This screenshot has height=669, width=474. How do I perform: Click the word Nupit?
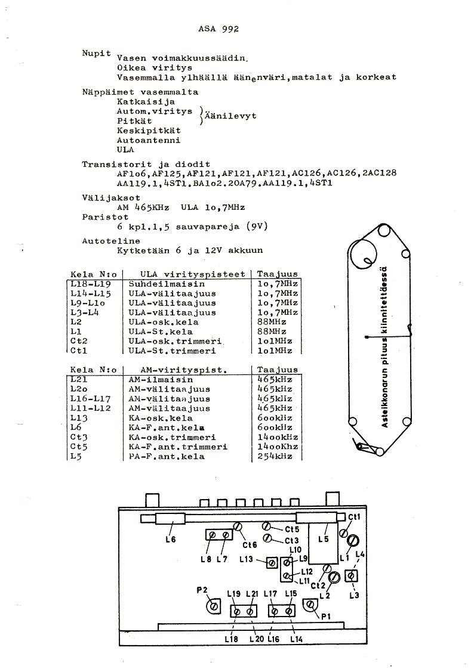[96, 53]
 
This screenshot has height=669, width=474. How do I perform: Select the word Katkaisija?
[137, 102]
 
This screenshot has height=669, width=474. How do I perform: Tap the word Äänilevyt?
[231, 116]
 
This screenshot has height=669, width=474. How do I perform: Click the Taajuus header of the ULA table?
[277, 274]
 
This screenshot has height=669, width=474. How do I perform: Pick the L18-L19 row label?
[90, 284]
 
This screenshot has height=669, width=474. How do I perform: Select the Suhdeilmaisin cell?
[159, 284]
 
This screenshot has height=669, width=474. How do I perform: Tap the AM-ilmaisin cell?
[161, 379]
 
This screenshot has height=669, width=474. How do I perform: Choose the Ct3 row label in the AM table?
[79, 437]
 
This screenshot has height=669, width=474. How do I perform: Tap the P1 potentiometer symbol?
[310, 605]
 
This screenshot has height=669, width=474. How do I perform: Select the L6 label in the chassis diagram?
[170, 540]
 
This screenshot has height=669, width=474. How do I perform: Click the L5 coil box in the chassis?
[323, 542]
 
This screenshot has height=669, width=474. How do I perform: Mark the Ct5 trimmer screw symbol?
[268, 527]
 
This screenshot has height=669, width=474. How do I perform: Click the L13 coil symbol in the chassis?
[272, 562]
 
